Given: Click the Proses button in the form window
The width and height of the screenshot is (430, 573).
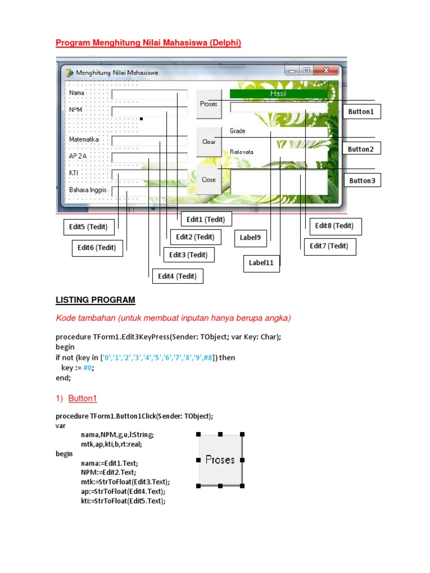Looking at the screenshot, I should (208, 104).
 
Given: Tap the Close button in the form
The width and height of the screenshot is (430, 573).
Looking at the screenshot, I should (208, 180).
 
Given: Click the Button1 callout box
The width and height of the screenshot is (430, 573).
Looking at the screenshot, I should (361, 112).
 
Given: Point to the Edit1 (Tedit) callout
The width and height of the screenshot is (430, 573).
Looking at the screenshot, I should (205, 219).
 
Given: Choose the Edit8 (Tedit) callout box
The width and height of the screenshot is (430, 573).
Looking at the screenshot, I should (334, 226).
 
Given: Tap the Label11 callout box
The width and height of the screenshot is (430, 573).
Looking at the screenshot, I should (261, 263).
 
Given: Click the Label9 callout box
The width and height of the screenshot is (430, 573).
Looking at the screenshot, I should (250, 237).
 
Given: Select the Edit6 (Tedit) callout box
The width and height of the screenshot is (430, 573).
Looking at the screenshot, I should (97, 248).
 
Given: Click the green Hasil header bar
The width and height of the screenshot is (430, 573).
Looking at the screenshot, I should (278, 93).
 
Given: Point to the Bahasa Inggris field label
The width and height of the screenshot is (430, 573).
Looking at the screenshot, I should (88, 190).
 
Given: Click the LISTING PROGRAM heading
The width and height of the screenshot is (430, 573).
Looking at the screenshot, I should (95, 300).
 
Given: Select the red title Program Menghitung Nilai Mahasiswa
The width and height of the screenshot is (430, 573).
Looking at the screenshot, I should (148, 43).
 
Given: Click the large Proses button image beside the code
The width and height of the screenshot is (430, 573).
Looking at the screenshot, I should (220, 459).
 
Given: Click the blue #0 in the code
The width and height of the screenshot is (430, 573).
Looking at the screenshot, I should (88, 368).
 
